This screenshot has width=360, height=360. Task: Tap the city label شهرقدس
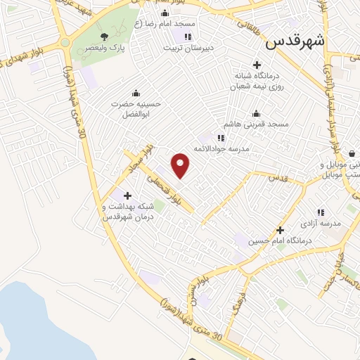295,41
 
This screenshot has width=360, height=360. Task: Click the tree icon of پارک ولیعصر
104,35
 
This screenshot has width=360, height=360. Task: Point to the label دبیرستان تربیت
188,49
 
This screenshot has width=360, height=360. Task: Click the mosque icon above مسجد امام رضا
165,13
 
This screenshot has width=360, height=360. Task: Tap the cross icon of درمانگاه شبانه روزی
257,65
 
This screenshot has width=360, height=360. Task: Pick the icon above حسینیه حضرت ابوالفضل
136,92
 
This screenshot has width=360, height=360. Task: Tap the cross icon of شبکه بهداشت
127,195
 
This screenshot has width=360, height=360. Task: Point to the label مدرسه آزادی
321,223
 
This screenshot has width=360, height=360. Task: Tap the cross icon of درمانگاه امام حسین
280,230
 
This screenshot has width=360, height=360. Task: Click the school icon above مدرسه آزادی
321,212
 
